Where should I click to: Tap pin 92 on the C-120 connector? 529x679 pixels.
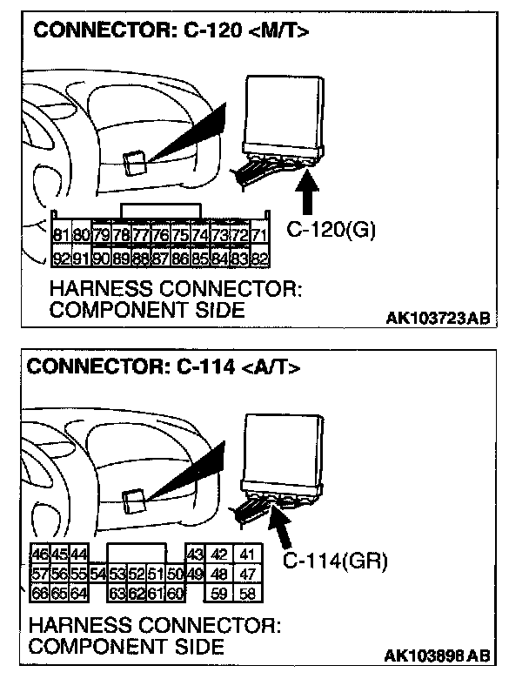[x=62, y=258]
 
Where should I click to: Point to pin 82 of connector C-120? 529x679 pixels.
[x=258, y=258]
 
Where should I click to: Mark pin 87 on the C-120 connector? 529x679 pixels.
[x=160, y=258]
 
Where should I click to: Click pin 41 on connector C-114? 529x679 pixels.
[x=248, y=555]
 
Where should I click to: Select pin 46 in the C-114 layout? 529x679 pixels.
[x=40, y=555]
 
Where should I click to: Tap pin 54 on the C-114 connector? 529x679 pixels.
[x=97, y=575]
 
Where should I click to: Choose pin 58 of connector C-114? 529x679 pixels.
[x=248, y=595]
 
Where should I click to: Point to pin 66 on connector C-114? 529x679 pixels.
[x=40, y=595]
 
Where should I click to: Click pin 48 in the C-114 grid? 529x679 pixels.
[x=221, y=575]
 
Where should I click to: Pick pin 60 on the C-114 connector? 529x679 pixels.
[x=175, y=595]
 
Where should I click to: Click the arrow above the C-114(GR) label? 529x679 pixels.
[x=283, y=527]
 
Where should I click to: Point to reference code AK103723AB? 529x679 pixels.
[x=435, y=319]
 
